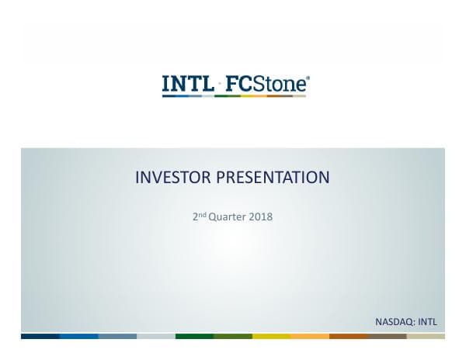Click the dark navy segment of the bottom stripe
40,336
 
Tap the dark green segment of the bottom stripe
194,336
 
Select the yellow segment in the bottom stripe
271,336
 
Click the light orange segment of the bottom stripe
310,336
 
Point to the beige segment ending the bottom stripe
426,336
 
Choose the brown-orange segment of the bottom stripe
349,336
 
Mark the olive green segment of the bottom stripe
233,336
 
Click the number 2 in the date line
194,216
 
